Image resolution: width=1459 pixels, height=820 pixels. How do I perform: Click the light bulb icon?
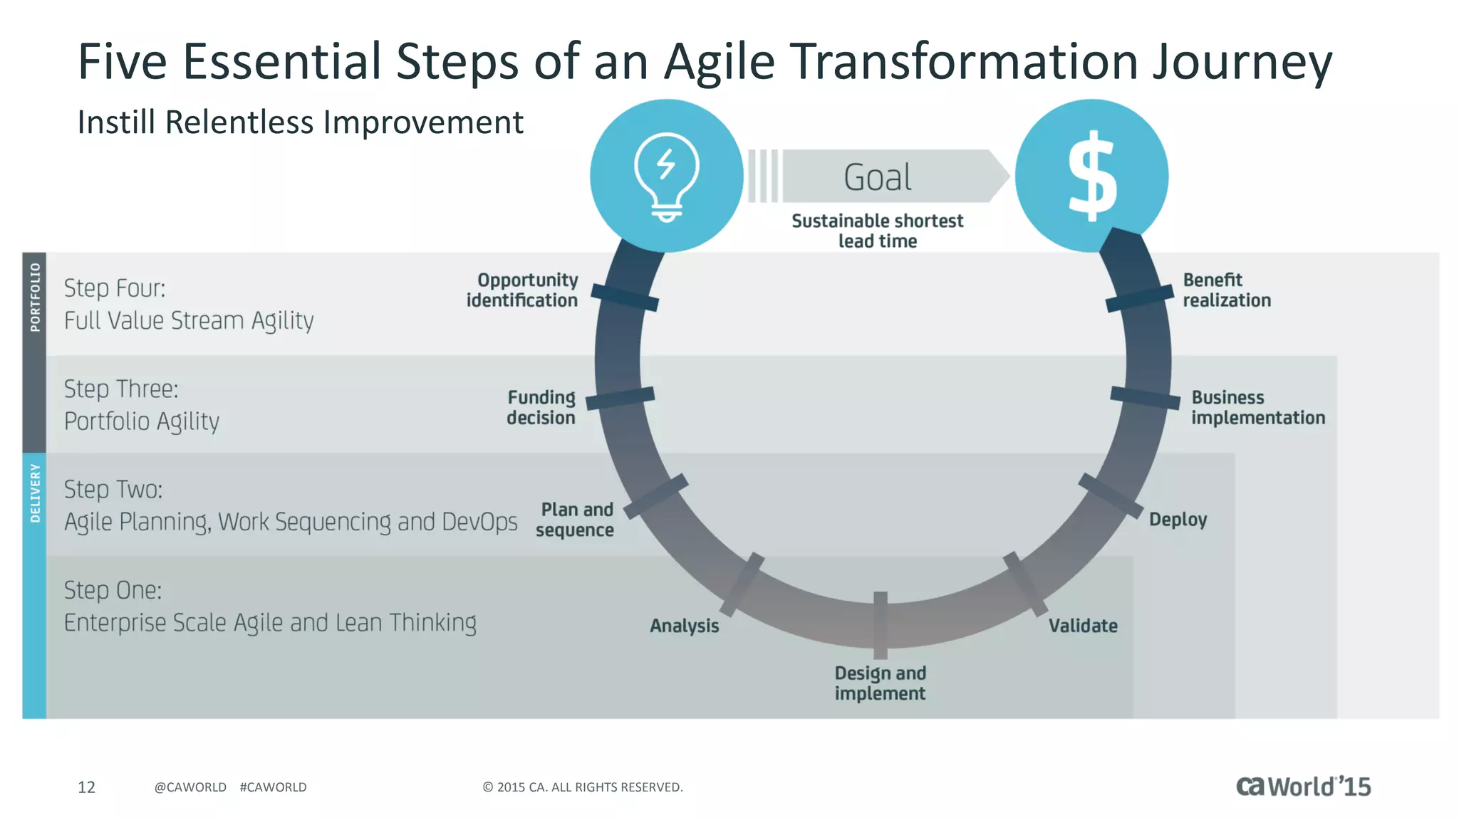coord(667,177)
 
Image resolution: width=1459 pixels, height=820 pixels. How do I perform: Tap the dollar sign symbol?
coord(1092,177)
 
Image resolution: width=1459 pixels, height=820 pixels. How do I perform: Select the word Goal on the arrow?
coord(878,177)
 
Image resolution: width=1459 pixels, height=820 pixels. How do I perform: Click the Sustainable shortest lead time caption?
coord(878,231)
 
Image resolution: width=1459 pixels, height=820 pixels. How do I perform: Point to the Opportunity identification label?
coord(522,290)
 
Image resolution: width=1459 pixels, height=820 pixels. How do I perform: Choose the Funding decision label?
coord(541,407)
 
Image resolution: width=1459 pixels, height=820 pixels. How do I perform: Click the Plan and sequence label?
coord(576,520)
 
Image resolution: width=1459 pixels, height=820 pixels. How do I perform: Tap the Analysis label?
coord(685,626)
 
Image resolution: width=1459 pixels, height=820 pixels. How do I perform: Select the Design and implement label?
coord(881,683)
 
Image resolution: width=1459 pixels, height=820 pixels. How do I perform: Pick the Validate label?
coord(1083,626)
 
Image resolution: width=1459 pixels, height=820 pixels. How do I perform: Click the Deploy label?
coord(1178,520)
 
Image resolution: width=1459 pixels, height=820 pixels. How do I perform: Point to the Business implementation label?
coord(1258,407)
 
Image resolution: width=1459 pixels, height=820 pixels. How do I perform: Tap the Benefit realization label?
coord(1227,290)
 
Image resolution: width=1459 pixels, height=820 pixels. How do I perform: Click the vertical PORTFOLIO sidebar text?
coord(35,297)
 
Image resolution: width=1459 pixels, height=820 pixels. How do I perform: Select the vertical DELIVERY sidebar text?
coord(35,493)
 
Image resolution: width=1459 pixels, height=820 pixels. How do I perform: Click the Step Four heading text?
coord(115,288)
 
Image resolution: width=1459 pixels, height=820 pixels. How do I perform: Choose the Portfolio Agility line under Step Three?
coord(142,421)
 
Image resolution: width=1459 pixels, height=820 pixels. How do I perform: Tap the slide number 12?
coord(86,787)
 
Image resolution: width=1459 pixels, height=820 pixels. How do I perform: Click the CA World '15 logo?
coord(1303,786)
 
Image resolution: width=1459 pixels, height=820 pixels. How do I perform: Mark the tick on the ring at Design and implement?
coord(881,625)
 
